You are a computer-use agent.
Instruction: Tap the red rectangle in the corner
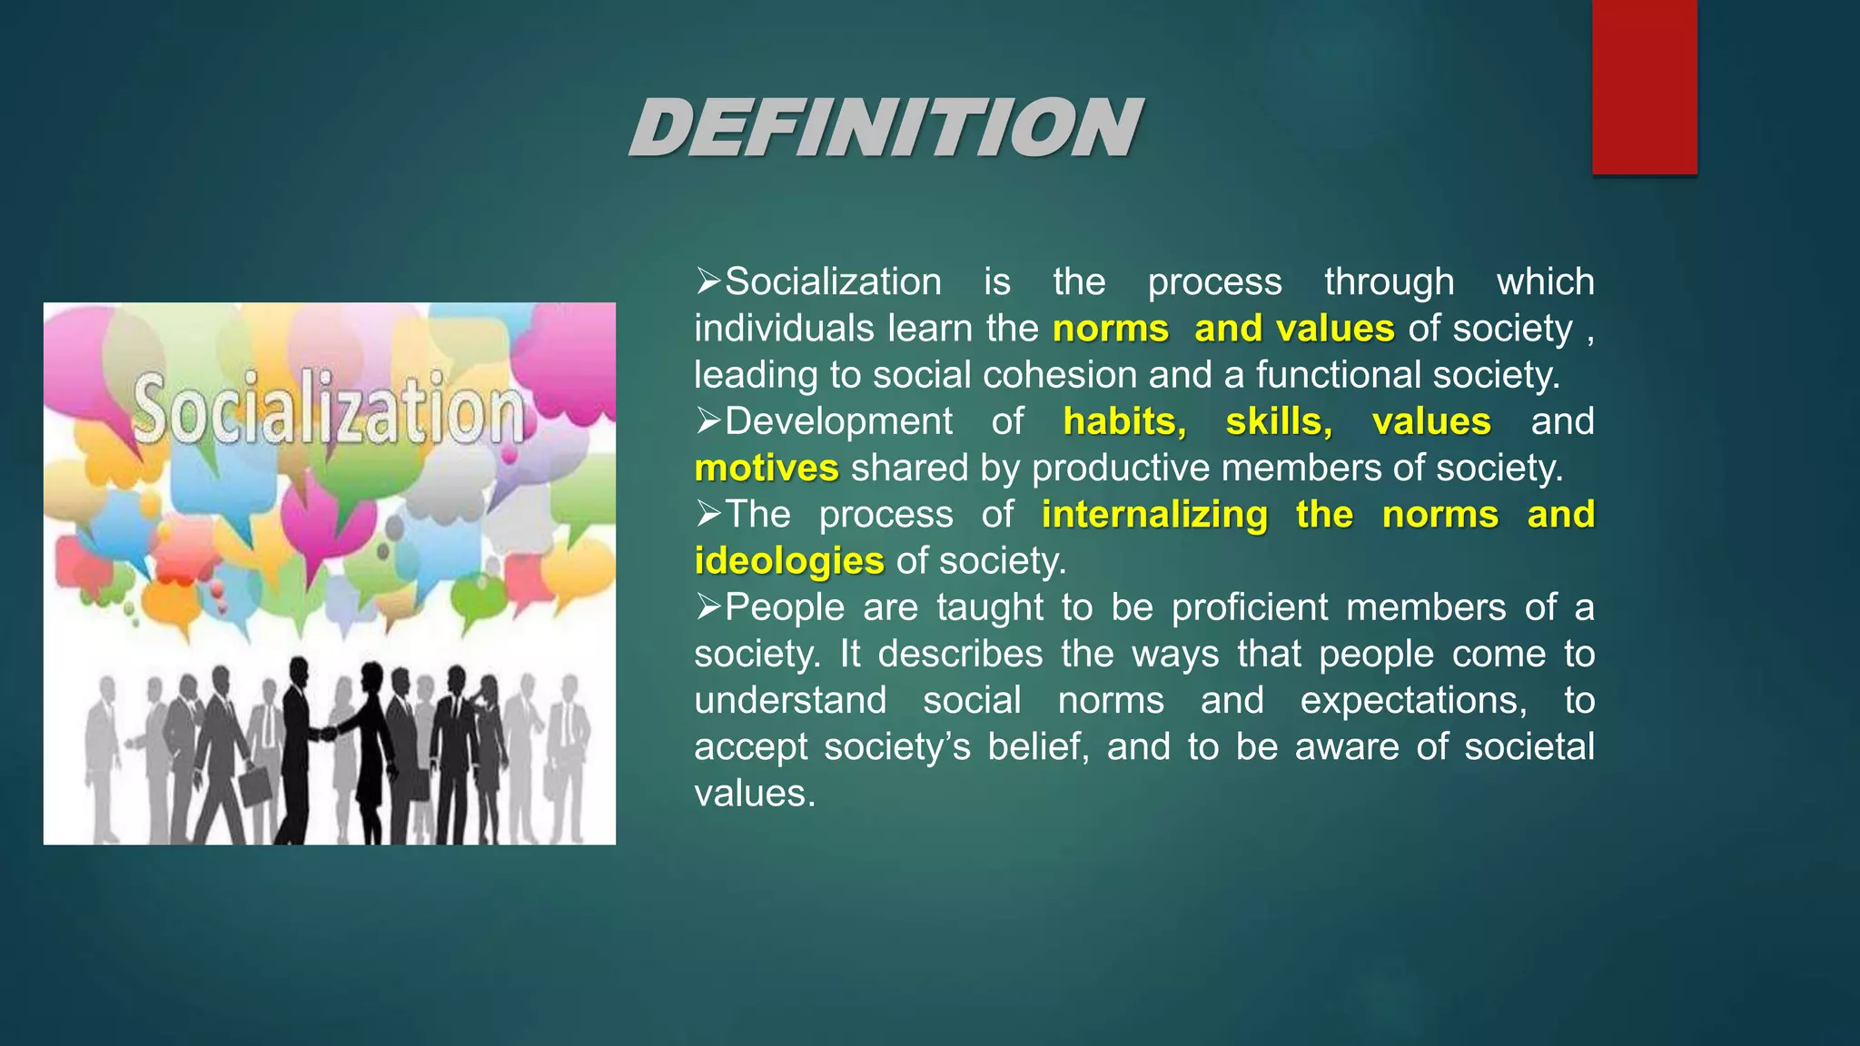point(1644,86)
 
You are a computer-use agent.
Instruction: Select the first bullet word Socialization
point(833,281)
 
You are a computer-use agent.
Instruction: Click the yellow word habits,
point(1124,421)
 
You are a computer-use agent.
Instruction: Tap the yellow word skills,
point(1279,421)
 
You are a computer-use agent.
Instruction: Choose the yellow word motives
point(767,468)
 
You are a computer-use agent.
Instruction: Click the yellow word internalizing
point(1154,514)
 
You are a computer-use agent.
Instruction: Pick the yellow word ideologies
point(789,560)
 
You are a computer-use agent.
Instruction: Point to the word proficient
point(1250,607)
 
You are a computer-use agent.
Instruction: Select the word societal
point(1529,746)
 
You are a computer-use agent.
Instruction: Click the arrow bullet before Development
point(708,420)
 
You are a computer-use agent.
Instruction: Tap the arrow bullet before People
point(708,607)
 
